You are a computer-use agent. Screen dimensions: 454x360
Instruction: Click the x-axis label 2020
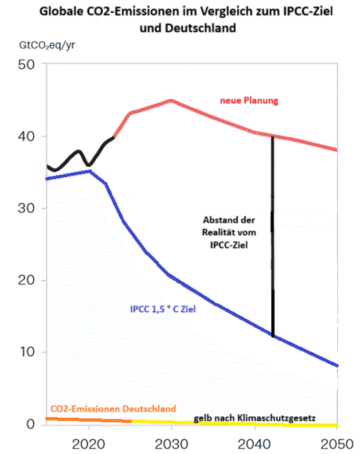89,443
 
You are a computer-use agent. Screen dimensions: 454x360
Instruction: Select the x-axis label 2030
172,443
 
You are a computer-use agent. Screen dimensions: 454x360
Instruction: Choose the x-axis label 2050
336,443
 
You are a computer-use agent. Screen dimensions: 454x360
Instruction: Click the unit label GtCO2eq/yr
44,46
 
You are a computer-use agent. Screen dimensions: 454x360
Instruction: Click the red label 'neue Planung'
249,101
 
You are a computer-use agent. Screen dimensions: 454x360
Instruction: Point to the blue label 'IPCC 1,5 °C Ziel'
163,309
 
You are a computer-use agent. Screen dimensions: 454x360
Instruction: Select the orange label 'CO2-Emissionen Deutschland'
113,408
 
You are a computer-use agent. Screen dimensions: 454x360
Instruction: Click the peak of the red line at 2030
172,100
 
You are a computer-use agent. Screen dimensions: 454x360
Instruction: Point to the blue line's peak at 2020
89,171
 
